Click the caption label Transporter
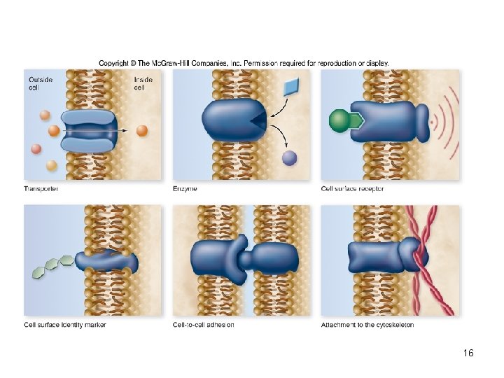coord(41,189)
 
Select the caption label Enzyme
coord(185,189)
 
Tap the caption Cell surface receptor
coord(352,189)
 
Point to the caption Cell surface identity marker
coord(65,325)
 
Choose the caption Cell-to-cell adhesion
coord(204,325)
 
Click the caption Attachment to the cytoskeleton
coord(367,325)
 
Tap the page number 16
coord(468,353)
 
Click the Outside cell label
coord(40,83)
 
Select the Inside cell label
coord(143,83)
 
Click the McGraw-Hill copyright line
coord(244,63)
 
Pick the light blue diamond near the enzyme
coord(291,87)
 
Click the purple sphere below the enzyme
coord(289,158)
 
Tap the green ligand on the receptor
coord(339,121)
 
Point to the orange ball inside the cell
coord(141,130)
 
